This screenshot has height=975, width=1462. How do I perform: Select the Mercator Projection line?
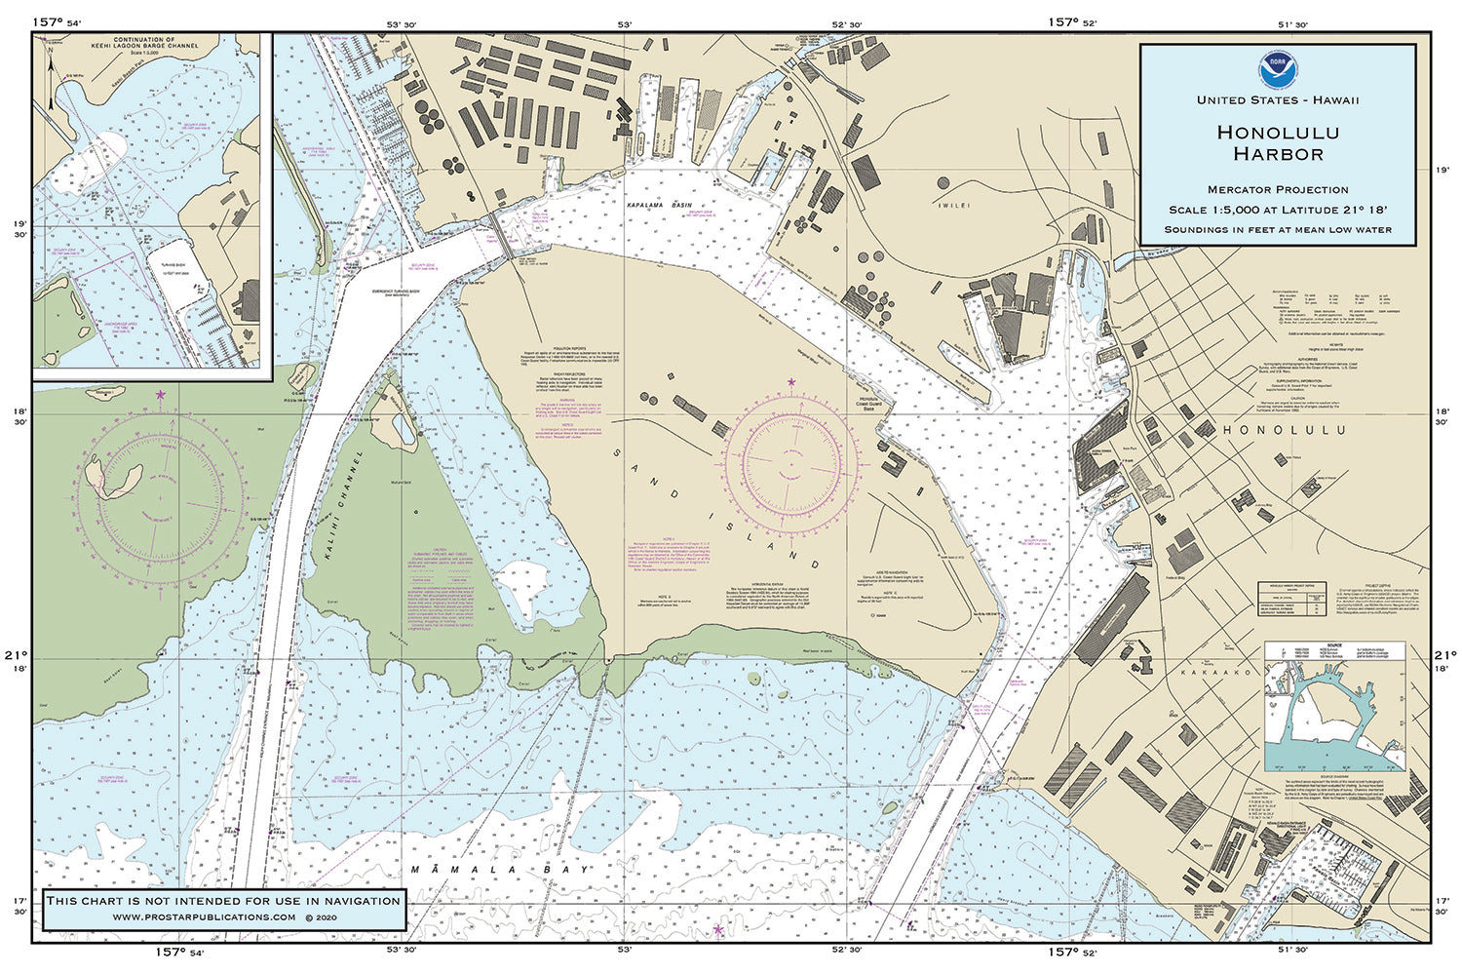click(x=1277, y=189)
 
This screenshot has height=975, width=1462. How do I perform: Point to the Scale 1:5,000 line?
click(x=1277, y=210)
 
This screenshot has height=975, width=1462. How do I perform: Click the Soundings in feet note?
click(x=1277, y=230)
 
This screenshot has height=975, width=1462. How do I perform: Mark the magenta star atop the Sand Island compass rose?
click(x=790, y=381)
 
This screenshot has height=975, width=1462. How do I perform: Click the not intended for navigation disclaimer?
click(x=223, y=900)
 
